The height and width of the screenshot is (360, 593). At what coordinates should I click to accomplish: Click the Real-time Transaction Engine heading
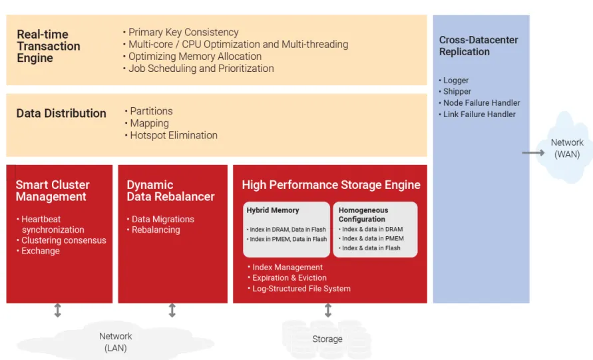pos(49,46)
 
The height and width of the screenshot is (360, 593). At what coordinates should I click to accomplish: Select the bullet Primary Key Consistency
pos(183,32)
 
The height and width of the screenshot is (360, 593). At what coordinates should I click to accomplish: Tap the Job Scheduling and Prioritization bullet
pos(201,68)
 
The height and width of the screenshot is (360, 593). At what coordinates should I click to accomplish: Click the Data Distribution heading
pos(61,113)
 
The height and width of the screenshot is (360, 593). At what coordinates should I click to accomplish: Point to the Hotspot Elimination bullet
pos(173,135)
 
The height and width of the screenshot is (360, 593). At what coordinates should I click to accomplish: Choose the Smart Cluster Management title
pos(53,190)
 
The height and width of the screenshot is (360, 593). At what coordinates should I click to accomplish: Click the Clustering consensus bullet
pos(63,240)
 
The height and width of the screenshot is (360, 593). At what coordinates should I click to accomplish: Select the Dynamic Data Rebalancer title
pos(170,190)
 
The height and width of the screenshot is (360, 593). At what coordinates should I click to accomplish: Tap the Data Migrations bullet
pos(162,219)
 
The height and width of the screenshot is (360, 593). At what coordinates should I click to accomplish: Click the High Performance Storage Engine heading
pos(331,185)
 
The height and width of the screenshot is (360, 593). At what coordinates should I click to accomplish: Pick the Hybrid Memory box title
pos(273,210)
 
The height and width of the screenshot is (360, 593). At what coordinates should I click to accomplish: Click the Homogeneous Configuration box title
pos(363,214)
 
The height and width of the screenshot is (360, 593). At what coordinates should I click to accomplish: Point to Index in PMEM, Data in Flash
pos(288,239)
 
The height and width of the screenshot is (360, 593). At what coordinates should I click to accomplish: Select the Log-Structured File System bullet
pos(301,289)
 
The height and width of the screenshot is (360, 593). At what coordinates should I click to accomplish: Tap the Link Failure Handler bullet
pos(479,114)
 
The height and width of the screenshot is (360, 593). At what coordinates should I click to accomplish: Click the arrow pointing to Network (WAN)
pos(533,152)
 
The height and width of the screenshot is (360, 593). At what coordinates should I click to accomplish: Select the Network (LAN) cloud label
pos(116,342)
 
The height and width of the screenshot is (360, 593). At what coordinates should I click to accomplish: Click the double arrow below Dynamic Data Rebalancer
pos(172,310)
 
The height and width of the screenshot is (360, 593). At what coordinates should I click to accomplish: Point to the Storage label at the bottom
pos(327,339)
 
